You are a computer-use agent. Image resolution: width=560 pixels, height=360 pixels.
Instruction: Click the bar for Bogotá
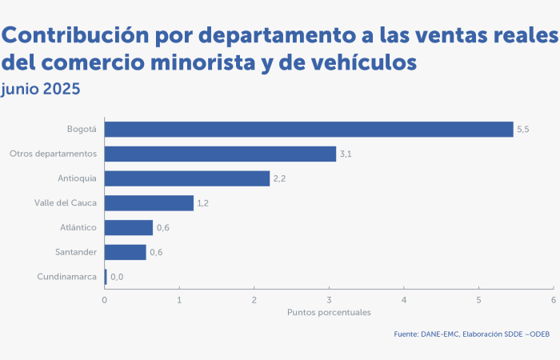pos(309,130)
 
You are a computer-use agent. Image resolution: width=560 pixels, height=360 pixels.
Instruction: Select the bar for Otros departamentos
pos(220,154)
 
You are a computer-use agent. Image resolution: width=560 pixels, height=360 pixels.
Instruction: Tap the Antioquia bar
pos(187,178)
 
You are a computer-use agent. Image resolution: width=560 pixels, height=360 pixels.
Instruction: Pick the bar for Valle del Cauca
pos(149,203)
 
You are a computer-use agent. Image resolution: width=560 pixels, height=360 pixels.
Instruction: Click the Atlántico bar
pos(128,228)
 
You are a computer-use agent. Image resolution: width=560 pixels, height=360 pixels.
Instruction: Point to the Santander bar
pos(125,253)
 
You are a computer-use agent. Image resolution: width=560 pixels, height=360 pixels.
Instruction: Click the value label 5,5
pos(523,130)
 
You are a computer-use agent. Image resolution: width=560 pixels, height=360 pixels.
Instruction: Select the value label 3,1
pos(346,154)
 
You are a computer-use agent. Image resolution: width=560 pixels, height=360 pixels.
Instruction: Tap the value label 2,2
pos(280,178)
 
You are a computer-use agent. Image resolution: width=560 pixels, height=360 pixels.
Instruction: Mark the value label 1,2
pos(203,203)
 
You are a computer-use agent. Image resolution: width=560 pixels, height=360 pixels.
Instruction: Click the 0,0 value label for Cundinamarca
pos(117,278)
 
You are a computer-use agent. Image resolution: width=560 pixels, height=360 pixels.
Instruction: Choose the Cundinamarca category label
pos(66,277)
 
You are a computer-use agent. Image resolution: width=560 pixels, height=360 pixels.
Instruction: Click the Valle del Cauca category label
pos(66,203)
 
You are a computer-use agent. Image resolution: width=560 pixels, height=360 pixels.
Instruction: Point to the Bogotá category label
pos(82,129)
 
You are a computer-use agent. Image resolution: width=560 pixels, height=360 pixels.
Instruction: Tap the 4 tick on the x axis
pos(403,300)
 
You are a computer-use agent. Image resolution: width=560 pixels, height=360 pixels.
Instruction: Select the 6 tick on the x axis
pos(553,300)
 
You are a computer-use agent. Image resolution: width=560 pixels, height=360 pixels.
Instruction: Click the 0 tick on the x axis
pos(104,300)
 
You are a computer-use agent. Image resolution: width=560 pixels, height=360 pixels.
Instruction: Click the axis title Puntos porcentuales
pos(329,312)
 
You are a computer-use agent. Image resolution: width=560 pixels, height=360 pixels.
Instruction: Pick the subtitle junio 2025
pos(41,89)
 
